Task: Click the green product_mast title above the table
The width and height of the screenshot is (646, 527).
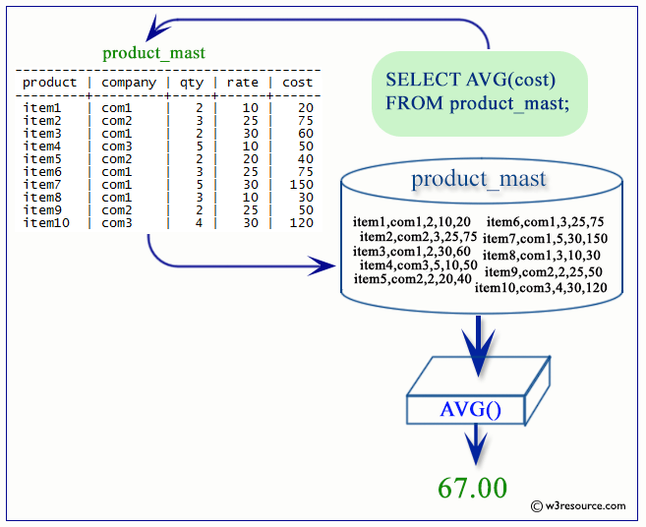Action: tap(153, 53)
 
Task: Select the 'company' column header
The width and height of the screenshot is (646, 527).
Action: tap(129, 83)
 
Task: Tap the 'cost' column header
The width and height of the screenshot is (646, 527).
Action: tap(297, 83)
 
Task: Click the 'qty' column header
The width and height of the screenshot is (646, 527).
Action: tap(190, 83)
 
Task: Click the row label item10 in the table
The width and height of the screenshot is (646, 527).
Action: tap(45, 223)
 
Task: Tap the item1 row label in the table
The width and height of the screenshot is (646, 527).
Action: tap(42, 108)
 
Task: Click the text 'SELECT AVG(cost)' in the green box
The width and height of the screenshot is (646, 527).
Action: tap(470, 80)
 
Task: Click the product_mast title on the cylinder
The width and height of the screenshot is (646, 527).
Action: tap(479, 179)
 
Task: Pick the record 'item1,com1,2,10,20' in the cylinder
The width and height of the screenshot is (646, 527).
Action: tap(412, 221)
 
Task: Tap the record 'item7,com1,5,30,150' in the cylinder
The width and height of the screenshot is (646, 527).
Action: tap(545, 238)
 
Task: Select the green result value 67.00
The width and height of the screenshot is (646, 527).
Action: tap(473, 488)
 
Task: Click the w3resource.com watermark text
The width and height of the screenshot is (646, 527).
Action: tap(583, 506)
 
